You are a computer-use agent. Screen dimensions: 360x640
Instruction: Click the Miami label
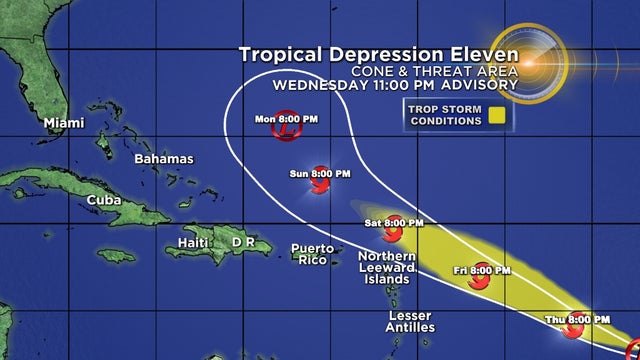62,123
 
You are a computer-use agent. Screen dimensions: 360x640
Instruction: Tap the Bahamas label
164,158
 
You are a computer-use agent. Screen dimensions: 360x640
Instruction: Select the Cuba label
103,200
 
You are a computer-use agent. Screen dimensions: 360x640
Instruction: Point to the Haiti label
192,242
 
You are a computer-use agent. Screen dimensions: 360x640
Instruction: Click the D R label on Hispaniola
244,242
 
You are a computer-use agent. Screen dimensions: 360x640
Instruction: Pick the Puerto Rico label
313,254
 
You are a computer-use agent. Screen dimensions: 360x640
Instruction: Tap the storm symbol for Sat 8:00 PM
393,232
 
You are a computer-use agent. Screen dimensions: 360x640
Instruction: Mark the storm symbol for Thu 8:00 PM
574,328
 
